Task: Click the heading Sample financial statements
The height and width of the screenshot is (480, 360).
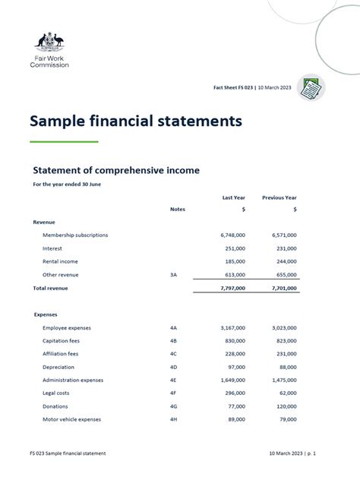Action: pyautogui.click(x=136, y=122)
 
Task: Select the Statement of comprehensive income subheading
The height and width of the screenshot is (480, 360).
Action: pyautogui.click(x=116, y=171)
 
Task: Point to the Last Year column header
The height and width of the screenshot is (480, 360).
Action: pyautogui.click(x=233, y=197)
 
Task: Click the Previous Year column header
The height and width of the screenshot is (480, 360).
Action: pyautogui.click(x=279, y=197)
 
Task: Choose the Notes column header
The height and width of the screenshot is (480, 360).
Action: pyautogui.click(x=178, y=209)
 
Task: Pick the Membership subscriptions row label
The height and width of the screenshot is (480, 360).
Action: pyautogui.click(x=75, y=235)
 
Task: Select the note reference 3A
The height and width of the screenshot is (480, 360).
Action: pyautogui.click(x=174, y=275)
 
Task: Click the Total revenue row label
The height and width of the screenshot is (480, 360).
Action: pyautogui.click(x=51, y=289)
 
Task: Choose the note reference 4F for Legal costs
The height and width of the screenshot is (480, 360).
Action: pyautogui.click(x=174, y=393)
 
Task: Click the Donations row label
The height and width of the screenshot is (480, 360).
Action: pyautogui.click(x=55, y=406)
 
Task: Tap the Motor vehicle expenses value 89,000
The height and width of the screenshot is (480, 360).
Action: pyautogui.click(x=235, y=419)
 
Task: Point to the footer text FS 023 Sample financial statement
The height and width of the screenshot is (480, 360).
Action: pyautogui.click(x=69, y=453)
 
